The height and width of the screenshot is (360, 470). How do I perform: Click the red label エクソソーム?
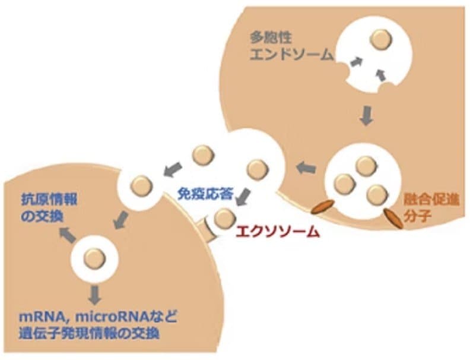(x=278, y=232)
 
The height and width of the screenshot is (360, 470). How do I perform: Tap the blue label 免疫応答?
(x=205, y=194)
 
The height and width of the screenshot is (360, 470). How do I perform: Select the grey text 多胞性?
(x=271, y=38)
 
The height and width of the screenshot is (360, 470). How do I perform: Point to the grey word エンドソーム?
(x=291, y=55)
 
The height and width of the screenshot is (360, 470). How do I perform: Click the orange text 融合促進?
(x=431, y=200)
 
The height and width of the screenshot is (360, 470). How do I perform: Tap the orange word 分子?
(x=417, y=215)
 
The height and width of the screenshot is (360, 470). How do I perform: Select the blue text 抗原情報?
(x=49, y=200)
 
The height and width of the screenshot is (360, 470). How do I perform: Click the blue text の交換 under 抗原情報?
(x=42, y=216)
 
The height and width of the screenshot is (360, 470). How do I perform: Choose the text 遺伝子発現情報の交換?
(x=89, y=333)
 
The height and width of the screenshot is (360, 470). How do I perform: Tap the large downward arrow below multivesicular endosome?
(x=366, y=115)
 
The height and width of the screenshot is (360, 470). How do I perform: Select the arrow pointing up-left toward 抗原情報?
(x=68, y=235)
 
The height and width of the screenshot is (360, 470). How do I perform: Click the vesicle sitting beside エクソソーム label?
(x=225, y=218)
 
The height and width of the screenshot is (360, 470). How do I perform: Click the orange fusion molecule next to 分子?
(x=393, y=219)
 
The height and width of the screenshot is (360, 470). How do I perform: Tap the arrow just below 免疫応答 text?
(x=245, y=197)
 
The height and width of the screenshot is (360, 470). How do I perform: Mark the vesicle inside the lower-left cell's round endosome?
(x=94, y=258)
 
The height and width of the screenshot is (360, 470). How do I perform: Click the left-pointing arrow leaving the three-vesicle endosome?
(x=306, y=168)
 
